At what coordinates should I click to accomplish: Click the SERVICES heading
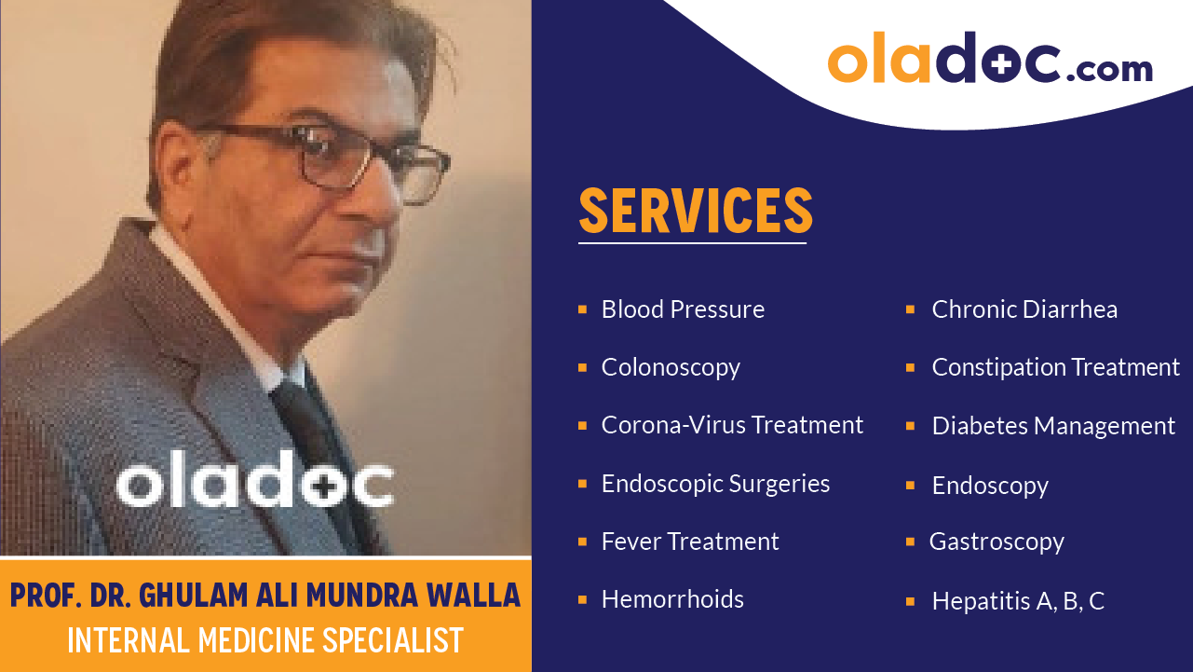(695, 211)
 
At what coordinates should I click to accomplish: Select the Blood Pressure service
(683, 309)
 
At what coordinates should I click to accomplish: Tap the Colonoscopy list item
(671, 367)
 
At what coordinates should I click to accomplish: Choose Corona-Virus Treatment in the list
(732, 425)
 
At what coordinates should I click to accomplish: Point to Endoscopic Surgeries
(715, 484)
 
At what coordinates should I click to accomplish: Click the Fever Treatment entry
(690, 542)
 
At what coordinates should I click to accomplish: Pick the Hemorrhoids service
(672, 599)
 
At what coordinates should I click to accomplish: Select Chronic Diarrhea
(1024, 309)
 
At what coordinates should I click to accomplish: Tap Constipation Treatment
(1055, 367)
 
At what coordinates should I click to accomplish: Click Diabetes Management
(1053, 426)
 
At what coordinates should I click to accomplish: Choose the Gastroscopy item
(996, 542)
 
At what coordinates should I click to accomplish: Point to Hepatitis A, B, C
(1018, 601)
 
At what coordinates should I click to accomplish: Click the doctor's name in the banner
(265, 596)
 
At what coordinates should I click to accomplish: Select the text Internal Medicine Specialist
(265, 640)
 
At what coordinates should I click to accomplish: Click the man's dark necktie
(312, 438)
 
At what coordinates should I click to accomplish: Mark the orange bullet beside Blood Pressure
(582, 309)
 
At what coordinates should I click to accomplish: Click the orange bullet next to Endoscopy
(911, 485)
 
